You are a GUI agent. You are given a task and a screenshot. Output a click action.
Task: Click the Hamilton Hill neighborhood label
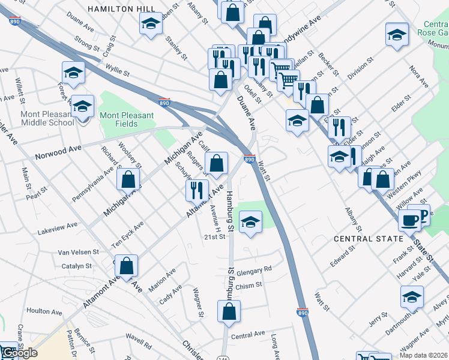click(121, 9)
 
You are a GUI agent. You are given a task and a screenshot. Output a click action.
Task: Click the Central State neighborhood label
click(369, 239)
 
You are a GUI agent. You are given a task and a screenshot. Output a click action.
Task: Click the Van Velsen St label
click(82, 253)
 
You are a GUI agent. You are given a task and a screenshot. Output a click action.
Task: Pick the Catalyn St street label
click(76, 266)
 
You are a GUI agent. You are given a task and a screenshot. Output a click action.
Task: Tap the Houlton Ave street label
click(44, 312)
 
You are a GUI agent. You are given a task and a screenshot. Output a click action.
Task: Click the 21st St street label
click(214, 237)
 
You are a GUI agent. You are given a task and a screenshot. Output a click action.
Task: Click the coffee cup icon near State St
click(410, 220)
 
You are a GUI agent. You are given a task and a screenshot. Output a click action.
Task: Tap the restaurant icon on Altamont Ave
click(196, 191)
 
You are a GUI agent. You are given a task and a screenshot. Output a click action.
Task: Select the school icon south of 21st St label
click(250, 222)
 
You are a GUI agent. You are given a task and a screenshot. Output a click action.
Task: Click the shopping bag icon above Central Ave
click(229, 311)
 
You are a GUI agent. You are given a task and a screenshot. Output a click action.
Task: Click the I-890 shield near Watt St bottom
click(303, 312)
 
